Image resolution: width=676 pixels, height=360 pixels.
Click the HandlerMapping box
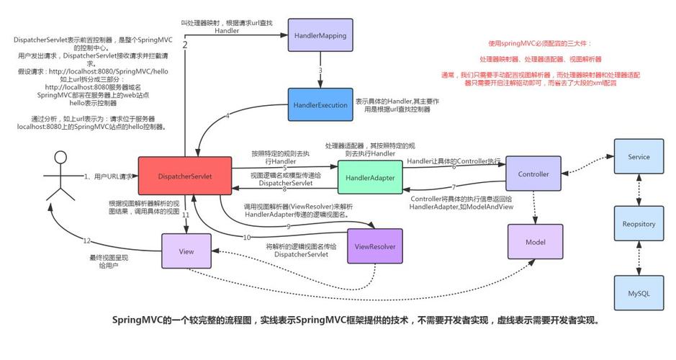click(320, 35)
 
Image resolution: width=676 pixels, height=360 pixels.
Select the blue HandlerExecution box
click(320, 105)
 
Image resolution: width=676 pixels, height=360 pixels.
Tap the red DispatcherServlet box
click(185, 176)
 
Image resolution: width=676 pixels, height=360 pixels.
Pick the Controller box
click(533, 174)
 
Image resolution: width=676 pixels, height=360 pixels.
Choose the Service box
click(639, 157)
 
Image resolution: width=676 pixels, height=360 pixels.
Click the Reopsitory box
click(639, 224)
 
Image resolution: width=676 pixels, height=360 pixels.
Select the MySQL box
click(639, 292)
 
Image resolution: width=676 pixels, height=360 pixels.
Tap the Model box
click(535, 242)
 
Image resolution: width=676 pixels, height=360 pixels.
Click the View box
click(186, 251)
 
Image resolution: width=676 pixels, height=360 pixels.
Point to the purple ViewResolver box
click(374, 247)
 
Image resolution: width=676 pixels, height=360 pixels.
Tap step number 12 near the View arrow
click(86, 240)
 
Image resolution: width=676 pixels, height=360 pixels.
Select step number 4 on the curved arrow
click(227, 116)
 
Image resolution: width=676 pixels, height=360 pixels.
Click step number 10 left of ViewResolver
click(247, 237)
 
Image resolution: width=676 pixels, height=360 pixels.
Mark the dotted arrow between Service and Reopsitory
click(639, 190)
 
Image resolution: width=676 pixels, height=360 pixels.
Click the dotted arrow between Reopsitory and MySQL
click(639, 258)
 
